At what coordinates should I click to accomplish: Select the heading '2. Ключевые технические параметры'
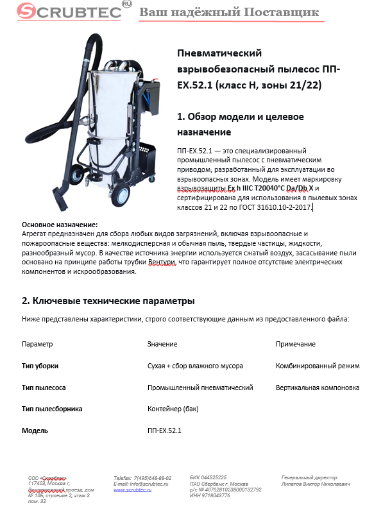(108, 301)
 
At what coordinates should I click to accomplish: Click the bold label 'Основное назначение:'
(60, 225)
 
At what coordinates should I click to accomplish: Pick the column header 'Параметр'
(37, 344)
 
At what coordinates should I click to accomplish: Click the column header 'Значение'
(162, 344)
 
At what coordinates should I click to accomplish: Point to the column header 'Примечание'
(296, 344)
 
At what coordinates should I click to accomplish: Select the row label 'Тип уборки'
(40, 366)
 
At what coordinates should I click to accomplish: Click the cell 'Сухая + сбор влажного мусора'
(195, 366)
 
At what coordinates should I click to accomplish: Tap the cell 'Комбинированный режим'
(318, 366)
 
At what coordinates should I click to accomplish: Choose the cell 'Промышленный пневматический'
(200, 388)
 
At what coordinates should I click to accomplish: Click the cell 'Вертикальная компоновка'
(318, 388)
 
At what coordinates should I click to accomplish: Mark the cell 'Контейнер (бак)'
(173, 409)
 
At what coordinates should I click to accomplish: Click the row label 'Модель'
(35, 431)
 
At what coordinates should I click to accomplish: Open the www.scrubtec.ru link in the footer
(132, 490)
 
